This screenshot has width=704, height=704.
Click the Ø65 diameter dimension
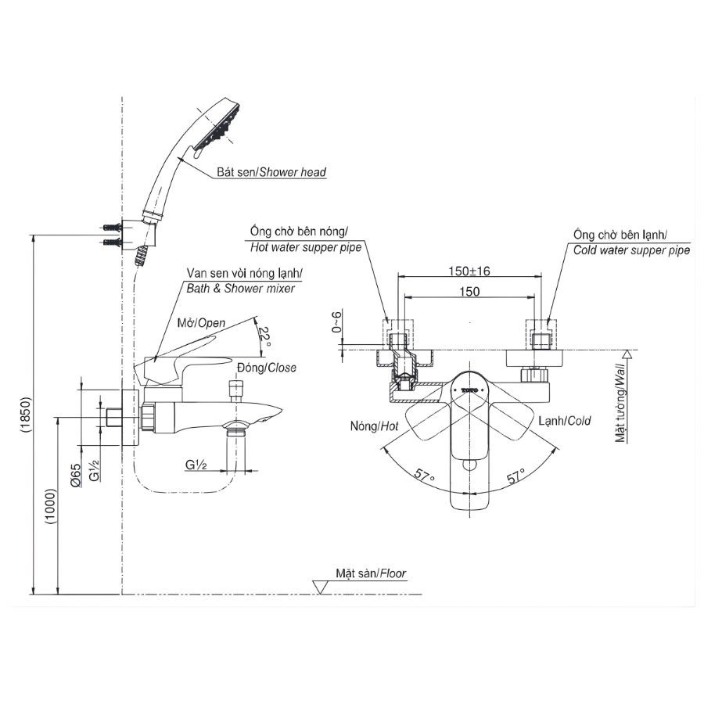point(74,475)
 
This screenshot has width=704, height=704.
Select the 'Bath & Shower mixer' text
point(240,289)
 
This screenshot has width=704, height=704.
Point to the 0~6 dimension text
point(336,325)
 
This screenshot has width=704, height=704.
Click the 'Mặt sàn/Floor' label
point(371,573)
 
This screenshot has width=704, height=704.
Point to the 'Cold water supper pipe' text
point(631,251)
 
